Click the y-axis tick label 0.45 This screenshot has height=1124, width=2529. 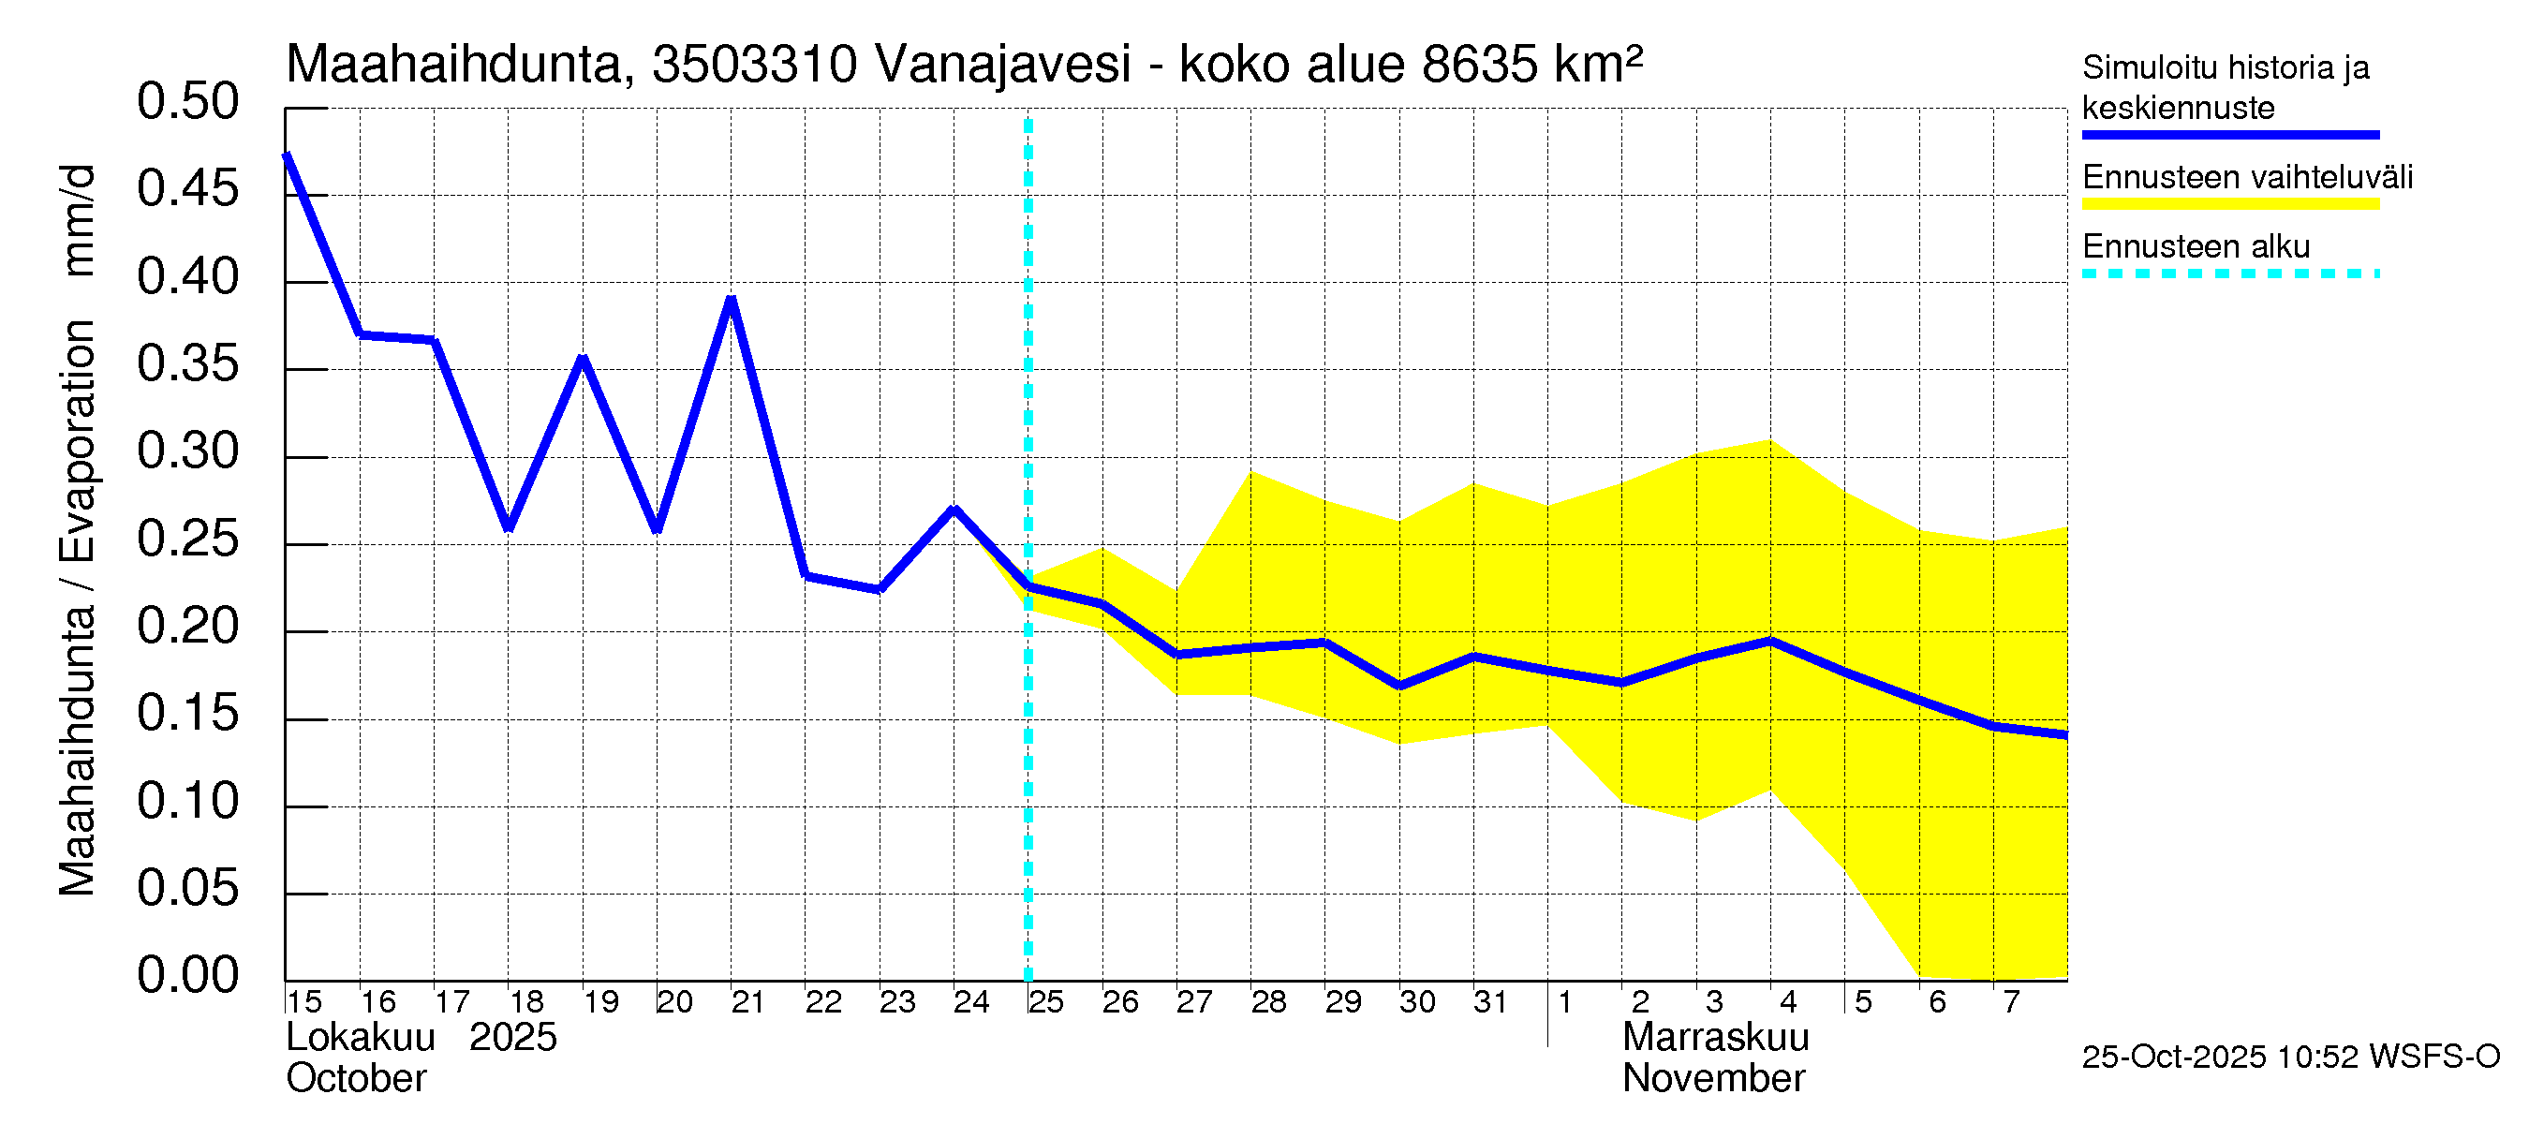pyautogui.click(x=187, y=188)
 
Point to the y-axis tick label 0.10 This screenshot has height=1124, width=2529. pyautogui.click(x=187, y=801)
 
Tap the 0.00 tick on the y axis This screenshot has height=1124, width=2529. pyautogui.click(x=187, y=976)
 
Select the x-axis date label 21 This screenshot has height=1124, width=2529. pyautogui.click(x=748, y=1002)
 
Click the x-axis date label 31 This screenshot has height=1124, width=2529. pyautogui.click(x=1490, y=1002)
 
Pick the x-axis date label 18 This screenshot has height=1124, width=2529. pyautogui.click(x=526, y=1002)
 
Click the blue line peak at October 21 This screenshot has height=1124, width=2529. pyautogui.click(x=732, y=299)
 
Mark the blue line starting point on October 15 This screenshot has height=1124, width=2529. pyautogui.click(x=287, y=155)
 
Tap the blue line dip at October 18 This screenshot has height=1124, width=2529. pyautogui.click(x=509, y=529)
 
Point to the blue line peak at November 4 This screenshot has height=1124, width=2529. pyautogui.click(x=1770, y=641)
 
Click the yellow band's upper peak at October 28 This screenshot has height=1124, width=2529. pyautogui.click(x=1250, y=472)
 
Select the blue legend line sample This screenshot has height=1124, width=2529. pyautogui.click(x=2229, y=135)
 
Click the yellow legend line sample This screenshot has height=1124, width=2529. pyautogui.click(x=2229, y=204)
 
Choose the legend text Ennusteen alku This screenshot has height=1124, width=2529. pyautogui.click(x=2196, y=246)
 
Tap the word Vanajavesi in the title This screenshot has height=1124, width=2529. pyautogui.click(x=1002, y=65)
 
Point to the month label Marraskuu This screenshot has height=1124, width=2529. pyautogui.click(x=1715, y=1038)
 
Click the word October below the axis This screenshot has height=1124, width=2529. pyautogui.click(x=356, y=1079)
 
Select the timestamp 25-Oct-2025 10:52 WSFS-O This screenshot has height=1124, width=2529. pyautogui.click(x=2290, y=1057)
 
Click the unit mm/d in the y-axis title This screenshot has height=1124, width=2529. pyautogui.click(x=79, y=221)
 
